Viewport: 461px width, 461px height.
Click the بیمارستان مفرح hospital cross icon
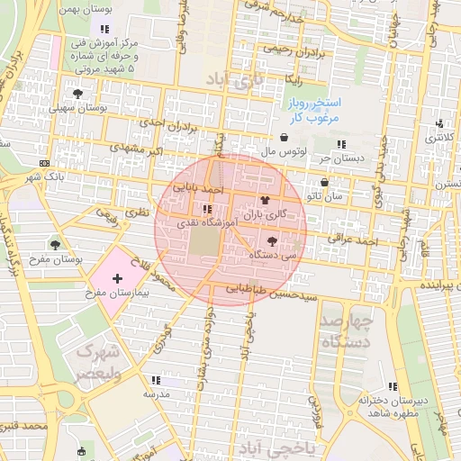pyautogui.click(x=117, y=280)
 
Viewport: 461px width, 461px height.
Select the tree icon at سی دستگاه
pyautogui.click(x=272, y=240)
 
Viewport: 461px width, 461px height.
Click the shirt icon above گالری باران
pyautogui.click(x=264, y=201)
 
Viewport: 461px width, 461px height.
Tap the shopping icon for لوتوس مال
pyautogui.click(x=285, y=138)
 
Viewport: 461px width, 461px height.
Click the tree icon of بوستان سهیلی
pyautogui.click(x=78, y=93)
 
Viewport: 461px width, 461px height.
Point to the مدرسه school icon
pyautogui.click(x=155, y=380)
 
